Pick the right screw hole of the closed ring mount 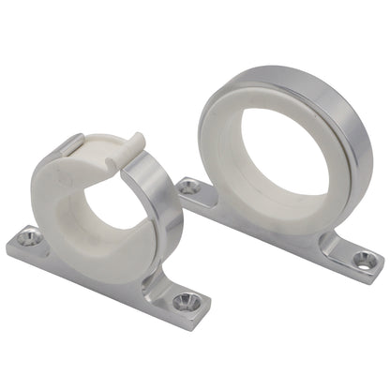(359, 251)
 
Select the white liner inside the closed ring (225, 141)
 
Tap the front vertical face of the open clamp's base (103, 286)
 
